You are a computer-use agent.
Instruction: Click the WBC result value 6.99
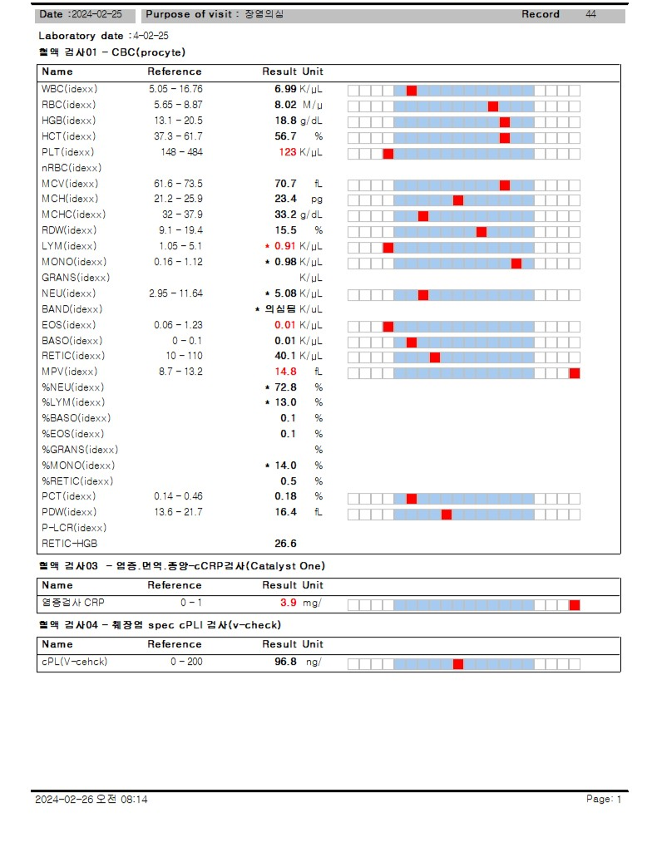pos(285,89)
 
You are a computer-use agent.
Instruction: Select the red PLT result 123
pos(288,152)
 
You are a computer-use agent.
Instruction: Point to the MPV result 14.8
pos(285,372)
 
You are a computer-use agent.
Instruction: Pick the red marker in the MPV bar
pos(575,372)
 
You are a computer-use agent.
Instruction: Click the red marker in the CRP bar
pos(575,604)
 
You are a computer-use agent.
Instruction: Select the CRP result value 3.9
pos(289,603)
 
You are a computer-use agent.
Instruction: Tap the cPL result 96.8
pos(285,662)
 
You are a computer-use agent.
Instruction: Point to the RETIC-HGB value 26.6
pos(285,544)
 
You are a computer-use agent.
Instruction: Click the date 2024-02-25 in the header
pos(99,14)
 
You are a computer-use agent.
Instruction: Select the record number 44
pos(590,14)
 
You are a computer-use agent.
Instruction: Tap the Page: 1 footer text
pos(604,799)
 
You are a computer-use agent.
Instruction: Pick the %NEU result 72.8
pos(285,387)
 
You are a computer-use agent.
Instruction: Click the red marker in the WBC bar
pos(412,90)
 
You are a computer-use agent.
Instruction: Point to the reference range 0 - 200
pos(186,662)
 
